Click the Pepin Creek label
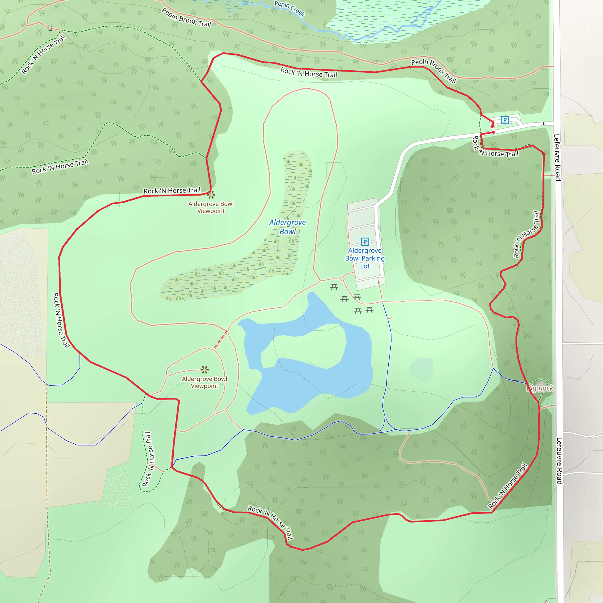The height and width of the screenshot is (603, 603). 289,9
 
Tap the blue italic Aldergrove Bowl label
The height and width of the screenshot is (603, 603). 287,227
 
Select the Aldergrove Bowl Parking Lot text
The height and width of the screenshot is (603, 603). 365,259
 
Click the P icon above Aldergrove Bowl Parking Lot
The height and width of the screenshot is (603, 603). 365,241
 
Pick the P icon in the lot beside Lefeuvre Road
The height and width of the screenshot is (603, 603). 505,120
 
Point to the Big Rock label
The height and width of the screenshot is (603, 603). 540,388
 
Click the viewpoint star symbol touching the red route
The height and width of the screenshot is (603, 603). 211,195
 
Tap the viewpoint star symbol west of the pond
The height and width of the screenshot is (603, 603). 205,370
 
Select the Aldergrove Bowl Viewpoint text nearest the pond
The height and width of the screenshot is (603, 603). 205,382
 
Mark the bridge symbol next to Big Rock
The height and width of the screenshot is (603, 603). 516,381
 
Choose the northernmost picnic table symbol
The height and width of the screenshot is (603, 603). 334,287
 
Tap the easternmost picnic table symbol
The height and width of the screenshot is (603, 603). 370,310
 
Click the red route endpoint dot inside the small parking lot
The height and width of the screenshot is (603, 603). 493,126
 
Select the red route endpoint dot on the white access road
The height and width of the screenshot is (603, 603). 493,132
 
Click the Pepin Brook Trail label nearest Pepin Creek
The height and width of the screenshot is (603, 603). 186,18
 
